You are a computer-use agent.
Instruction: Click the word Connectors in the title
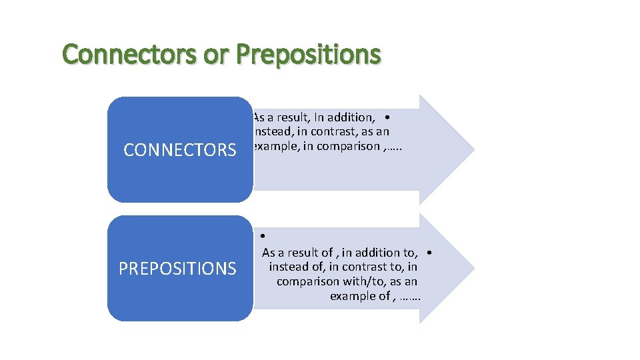(x=130, y=55)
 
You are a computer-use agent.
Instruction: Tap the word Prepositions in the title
(x=309, y=55)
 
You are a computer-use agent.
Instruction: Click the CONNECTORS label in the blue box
(x=180, y=150)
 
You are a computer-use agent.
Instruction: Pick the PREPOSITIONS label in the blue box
(x=177, y=269)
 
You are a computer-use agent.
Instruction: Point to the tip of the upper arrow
(x=473, y=149)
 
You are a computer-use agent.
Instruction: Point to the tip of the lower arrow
(x=473, y=268)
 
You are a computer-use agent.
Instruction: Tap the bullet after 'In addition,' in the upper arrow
(x=387, y=117)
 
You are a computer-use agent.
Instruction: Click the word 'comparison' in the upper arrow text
(x=349, y=147)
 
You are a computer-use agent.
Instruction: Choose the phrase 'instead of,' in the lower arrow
(x=297, y=267)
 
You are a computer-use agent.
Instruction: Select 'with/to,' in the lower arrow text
(x=360, y=281)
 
